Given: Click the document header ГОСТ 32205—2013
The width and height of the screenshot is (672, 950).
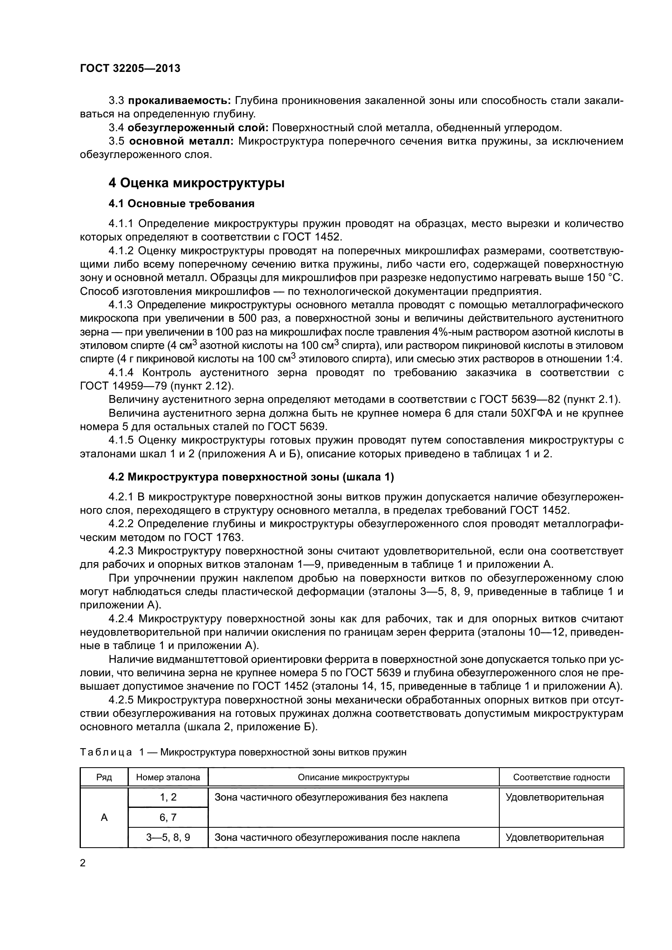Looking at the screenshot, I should (130, 69).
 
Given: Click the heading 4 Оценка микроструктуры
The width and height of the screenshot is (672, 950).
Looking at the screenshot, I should (196, 183).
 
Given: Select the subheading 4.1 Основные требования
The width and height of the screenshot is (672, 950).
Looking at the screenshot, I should (181, 203).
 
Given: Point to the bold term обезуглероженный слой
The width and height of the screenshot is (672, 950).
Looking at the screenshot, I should (198, 128).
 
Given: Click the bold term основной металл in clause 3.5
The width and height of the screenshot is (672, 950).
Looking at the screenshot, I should (181, 141).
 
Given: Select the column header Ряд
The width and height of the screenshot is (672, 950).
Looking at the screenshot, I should (104, 777).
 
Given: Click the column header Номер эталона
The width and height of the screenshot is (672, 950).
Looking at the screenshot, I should (168, 777).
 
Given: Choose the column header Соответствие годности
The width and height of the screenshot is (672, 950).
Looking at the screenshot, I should (561, 777).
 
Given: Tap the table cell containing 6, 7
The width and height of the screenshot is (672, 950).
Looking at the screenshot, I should (168, 818).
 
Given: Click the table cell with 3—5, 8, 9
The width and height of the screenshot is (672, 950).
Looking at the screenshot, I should (168, 837).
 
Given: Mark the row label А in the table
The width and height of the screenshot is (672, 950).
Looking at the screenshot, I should (104, 818).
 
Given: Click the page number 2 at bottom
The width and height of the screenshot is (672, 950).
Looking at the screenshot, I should (83, 863).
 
